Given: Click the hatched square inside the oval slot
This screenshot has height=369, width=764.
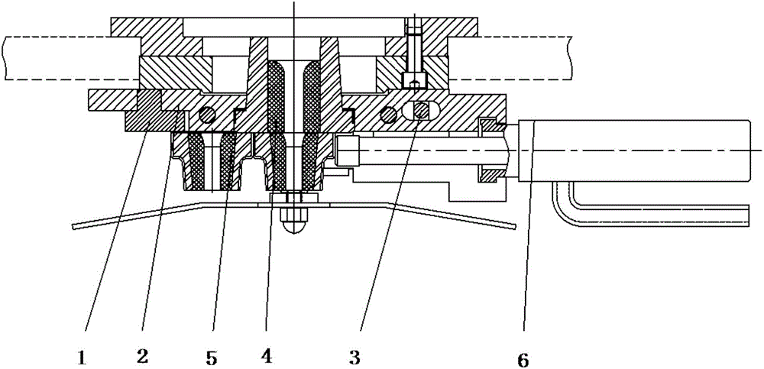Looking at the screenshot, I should [420, 112].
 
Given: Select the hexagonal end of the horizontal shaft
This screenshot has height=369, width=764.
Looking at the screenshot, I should [345, 151].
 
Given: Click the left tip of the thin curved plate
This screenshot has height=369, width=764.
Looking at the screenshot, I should [75, 226].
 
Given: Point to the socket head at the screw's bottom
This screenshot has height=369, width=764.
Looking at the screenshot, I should [413, 79].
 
